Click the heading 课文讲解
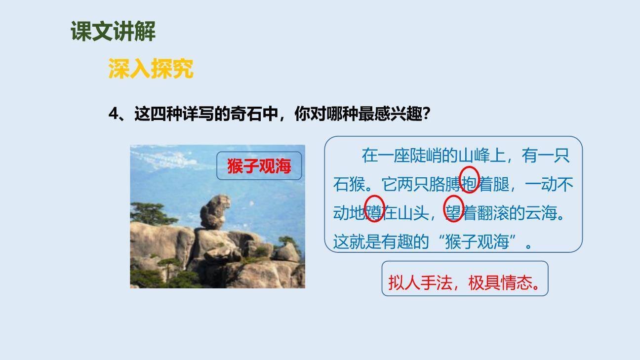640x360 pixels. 113,32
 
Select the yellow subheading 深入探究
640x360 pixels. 151,69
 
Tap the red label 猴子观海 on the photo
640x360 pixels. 259,166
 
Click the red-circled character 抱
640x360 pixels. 469,184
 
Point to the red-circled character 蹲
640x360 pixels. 374,213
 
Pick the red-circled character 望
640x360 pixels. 453,213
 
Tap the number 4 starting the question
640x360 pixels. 114,114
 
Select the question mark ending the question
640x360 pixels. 427,114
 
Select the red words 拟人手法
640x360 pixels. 420,283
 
